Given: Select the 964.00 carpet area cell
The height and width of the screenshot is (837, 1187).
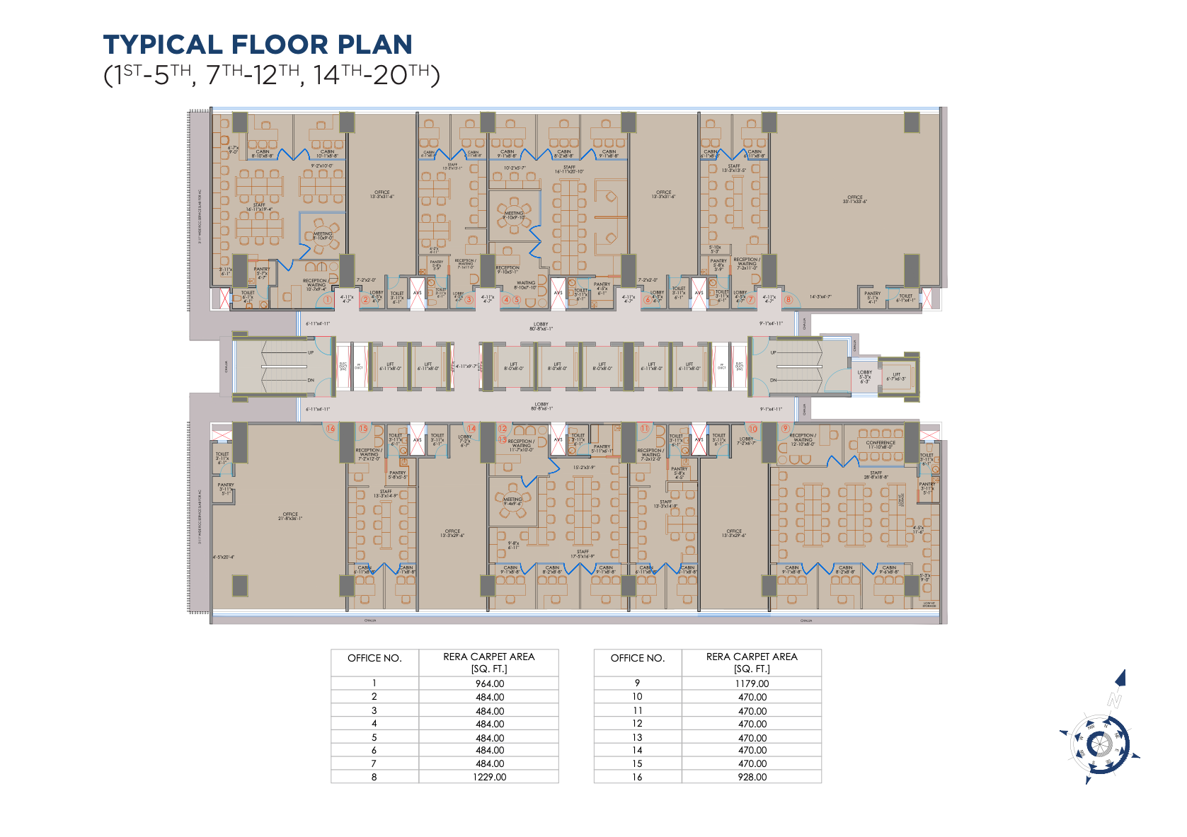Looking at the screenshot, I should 489,683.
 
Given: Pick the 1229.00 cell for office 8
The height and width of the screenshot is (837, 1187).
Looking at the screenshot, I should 489,777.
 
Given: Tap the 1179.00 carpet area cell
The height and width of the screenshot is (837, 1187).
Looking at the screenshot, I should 752,683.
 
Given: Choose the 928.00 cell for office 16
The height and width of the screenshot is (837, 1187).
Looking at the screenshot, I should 752,777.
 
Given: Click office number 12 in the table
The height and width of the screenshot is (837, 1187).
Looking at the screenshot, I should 637,724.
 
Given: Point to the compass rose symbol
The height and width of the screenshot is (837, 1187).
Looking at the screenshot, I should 1099,744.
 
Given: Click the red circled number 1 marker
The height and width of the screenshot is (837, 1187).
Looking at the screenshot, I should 328,299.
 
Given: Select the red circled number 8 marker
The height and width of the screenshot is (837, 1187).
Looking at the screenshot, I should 788,299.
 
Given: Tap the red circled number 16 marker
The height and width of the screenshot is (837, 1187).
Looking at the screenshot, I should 331,428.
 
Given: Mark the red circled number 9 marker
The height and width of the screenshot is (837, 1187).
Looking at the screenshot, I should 785,428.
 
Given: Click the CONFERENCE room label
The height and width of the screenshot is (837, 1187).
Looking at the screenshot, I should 881,444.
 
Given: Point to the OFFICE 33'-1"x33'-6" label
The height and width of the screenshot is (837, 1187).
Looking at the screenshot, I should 854,199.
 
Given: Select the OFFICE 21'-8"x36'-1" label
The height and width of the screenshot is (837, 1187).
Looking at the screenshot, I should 290,516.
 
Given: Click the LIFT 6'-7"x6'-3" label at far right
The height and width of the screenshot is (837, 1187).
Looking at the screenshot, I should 896,376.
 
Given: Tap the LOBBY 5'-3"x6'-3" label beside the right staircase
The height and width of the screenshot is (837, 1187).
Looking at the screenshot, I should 865,376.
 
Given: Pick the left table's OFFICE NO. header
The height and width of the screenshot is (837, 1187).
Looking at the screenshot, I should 374,658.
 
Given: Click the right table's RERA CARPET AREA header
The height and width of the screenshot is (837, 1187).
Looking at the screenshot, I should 752,662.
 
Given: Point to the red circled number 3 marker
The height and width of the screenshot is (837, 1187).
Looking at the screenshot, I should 469,299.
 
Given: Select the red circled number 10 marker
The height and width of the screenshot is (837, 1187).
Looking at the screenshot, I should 752,428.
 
